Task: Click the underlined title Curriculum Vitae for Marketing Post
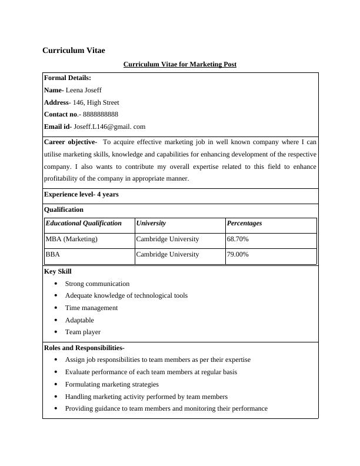[179, 64]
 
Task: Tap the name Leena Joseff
[84, 90]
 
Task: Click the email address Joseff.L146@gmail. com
[109, 127]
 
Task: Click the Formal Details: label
[68, 78]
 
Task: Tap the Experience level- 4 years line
[81, 194]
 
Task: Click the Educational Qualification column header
[84, 224]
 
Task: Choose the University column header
[151, 224]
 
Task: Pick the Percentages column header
[244, 224]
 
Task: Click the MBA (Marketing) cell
[72, 239]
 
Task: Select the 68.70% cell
[238, 239]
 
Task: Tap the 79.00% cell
[238, 255]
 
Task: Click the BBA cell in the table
[53, 255]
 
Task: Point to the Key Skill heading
[58, 271]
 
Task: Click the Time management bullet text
[91, 308]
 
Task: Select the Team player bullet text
[83, 332]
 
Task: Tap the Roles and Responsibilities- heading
[84, 348]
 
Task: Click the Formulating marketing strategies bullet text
[112, 384]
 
